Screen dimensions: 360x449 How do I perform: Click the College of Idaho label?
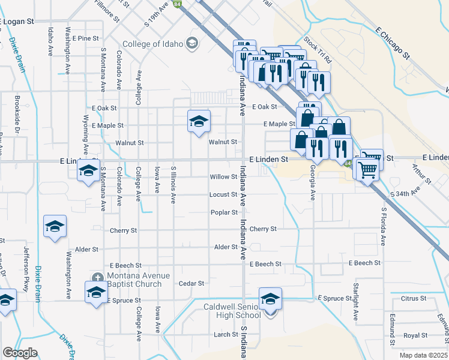[x=153, y=44]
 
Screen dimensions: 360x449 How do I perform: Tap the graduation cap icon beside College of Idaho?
[x=191, y=43]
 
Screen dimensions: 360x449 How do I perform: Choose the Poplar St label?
[x=224, y=212]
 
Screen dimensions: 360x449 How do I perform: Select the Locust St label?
[x=223, y=194]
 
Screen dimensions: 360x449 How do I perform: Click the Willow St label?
[x=224, y=177]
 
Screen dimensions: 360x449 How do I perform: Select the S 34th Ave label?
[x=407, y=194]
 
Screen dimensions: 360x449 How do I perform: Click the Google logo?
[x=20, y=353]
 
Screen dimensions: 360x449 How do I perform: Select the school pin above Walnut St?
[x=199, y=122]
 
